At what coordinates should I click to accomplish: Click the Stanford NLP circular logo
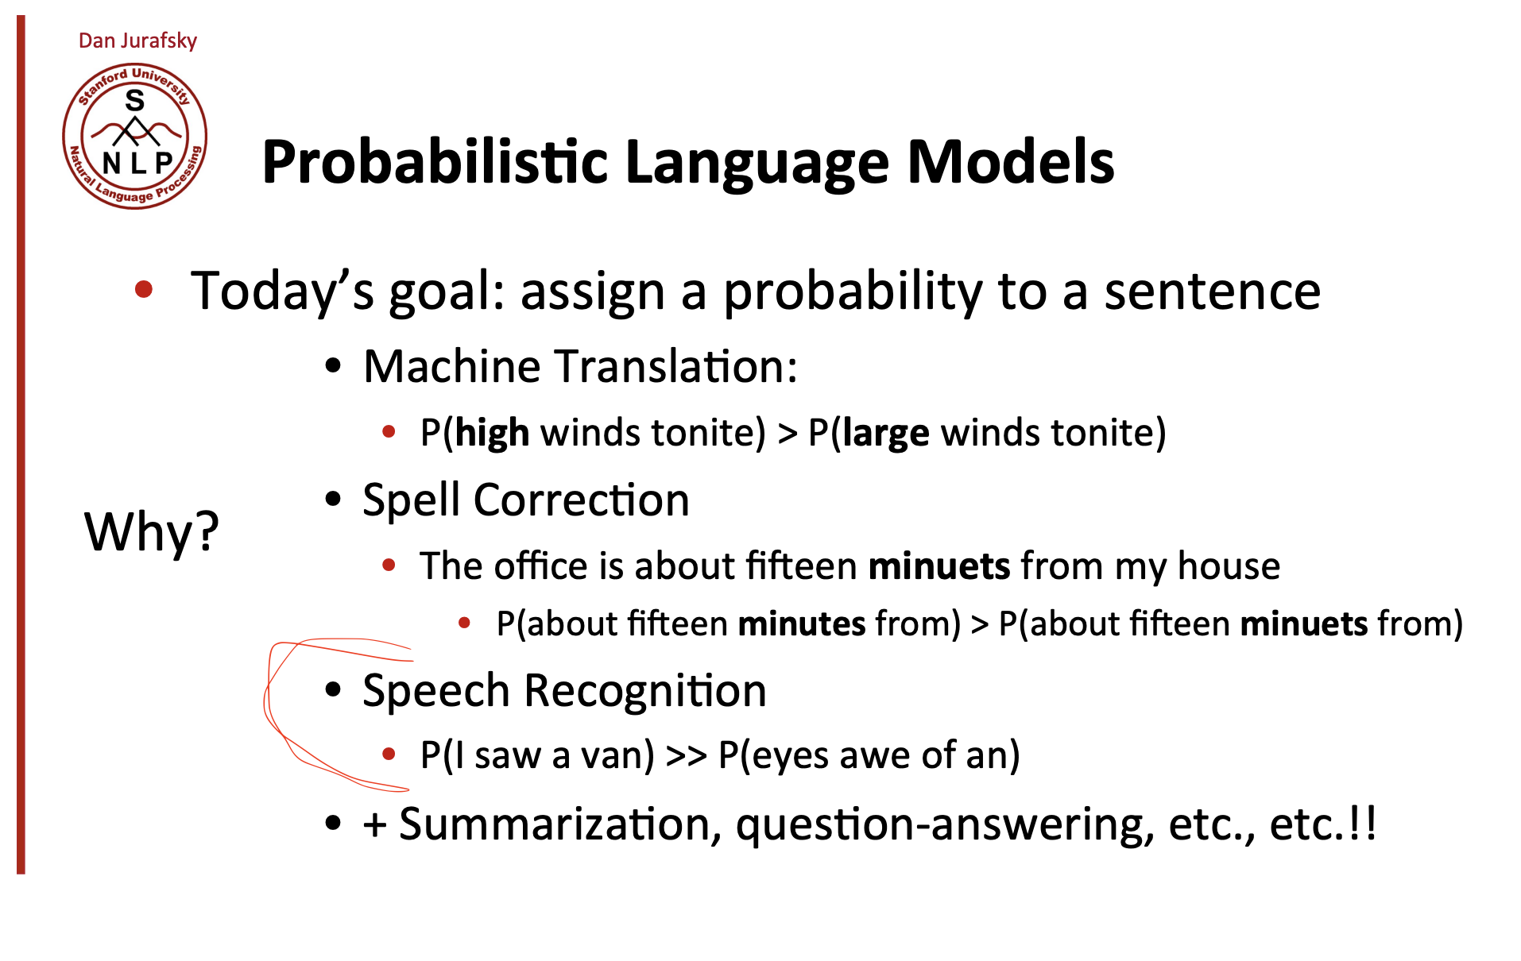[134, 136]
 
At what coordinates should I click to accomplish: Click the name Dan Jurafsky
[137, 41]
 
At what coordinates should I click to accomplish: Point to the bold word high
[492, 434]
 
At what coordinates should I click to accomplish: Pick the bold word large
[885, 434]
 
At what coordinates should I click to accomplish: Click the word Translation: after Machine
[675, 366]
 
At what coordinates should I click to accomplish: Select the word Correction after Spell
[581, 500]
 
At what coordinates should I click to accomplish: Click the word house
[1229, 565]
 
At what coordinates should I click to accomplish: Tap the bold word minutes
[802, 623]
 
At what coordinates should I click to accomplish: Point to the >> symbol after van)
[687, 755]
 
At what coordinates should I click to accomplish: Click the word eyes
[790, 756]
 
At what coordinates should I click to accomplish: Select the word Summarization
[560, 824]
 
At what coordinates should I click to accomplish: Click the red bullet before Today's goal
[144, 289]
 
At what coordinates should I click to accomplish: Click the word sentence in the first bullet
[1212, 291]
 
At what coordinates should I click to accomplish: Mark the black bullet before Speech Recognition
[333, 689]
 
